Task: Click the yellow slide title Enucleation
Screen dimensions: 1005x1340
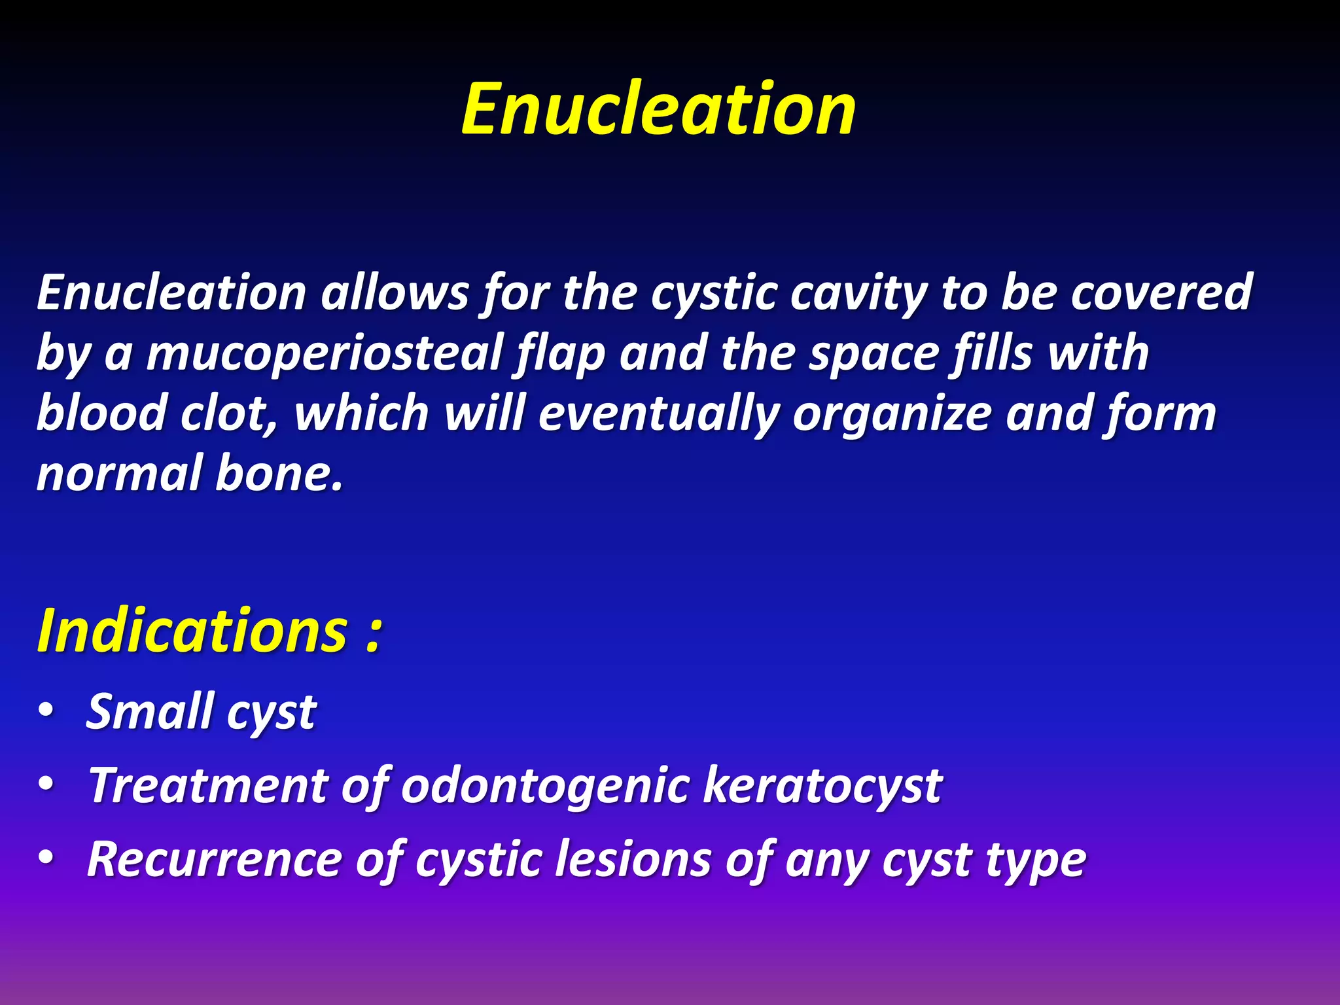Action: click(658, 109)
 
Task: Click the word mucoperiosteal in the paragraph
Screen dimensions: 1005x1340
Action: click(325, 354)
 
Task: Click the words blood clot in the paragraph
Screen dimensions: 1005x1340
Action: click(157, 414)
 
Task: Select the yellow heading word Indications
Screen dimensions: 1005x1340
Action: click(192, 631)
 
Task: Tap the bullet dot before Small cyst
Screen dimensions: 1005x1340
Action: click(45, 711)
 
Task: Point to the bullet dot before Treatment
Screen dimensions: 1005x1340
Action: click(45, 784)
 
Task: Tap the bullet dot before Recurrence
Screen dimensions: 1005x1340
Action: click(45, 857)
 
